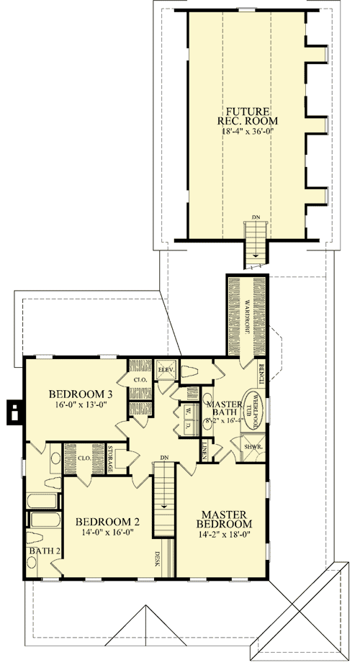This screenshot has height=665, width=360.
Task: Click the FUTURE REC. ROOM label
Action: click(x=248, y=117)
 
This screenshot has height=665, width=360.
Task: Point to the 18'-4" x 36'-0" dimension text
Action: click(x=248, y=132)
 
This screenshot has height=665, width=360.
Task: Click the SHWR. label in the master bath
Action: click(x=253, y=445)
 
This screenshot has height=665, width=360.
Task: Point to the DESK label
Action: click(x=158, y=558)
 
